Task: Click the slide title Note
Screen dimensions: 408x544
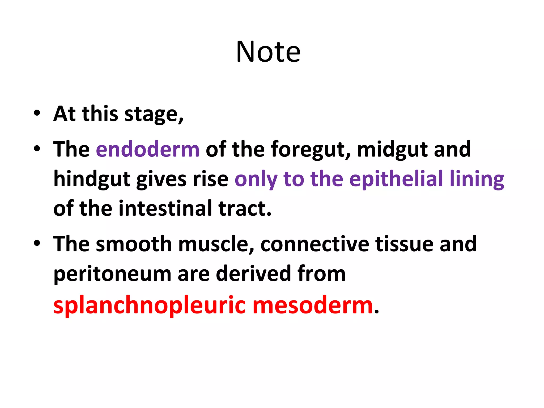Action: (x=268, y=52)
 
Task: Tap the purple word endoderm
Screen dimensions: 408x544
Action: (x=147, y=149)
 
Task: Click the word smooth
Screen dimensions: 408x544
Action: (x=134, y=244)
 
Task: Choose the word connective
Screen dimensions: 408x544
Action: (x=315, y=244)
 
